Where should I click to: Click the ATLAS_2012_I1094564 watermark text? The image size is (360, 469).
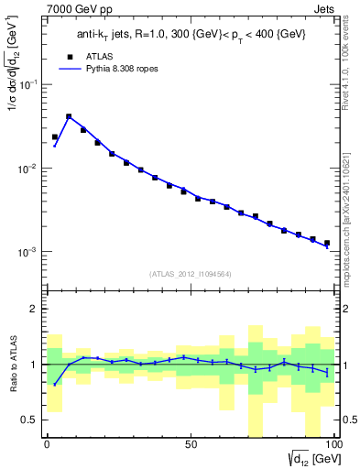[x=189, y=273]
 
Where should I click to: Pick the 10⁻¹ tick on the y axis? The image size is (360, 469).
[x=30, y=84]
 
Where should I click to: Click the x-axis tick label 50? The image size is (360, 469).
[x=190, y=444]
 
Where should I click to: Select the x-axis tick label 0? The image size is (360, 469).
[x=47, y=444]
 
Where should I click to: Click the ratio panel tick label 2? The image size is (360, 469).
[x=35, y=310]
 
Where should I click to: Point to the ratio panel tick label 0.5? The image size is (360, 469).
[x=30, y=420]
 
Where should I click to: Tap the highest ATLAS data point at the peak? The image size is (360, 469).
[x=69, y=117]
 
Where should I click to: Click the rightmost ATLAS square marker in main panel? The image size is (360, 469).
[x=326, y=243]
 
